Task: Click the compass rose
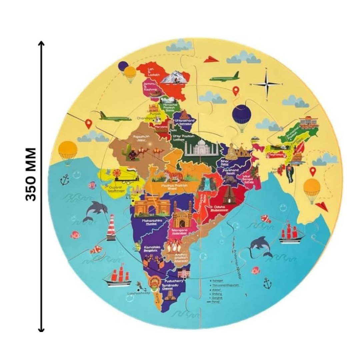(x=267, y=84)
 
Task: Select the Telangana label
(x=179, y=230)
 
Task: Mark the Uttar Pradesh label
(x=183, y=137)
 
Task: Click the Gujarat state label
(x=114, y=188)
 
